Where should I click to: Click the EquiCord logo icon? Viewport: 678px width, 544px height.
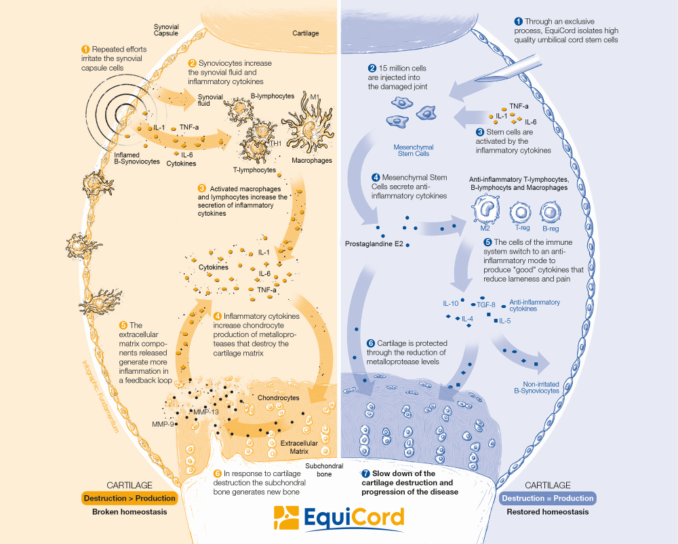pyautogui.click(x=286, y=518)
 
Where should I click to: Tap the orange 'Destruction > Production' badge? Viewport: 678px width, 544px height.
pyautogui.click(x=129, y=498)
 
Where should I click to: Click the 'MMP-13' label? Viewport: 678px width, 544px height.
pyautogui.click(x=205, y=412)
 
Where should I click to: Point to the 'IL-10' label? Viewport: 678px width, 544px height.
pyautogui.click(x=451, y=303)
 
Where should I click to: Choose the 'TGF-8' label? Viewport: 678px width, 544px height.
pyautogui.click(x=487, y=305)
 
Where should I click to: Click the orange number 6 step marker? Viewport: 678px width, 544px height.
pyautogui.click(x=218, y=473)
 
